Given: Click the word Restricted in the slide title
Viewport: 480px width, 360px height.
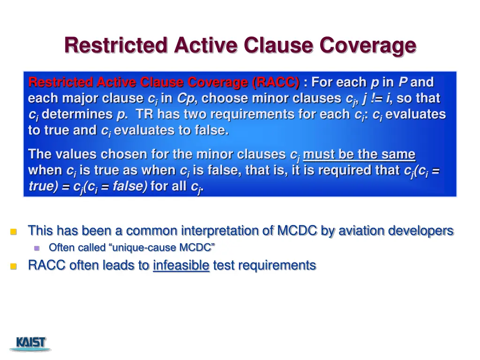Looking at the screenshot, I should click(x=116, y=45).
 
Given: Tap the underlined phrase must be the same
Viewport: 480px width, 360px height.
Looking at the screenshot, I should click(x=359, y=154).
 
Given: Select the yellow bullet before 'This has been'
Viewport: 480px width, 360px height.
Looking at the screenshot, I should click(x=14, y=232).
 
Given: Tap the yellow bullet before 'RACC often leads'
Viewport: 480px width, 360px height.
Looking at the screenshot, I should click(x=14, y=266).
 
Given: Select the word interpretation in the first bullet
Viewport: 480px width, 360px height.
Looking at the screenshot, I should click(x=227, y=231).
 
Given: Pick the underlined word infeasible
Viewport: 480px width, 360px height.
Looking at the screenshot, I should click(x=181, y=265).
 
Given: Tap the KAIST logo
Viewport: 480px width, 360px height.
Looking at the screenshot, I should click(x=31, y=343).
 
